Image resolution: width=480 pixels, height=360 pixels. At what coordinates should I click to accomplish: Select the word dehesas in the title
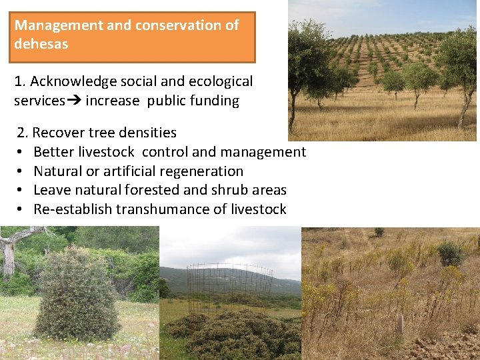coord(41,45)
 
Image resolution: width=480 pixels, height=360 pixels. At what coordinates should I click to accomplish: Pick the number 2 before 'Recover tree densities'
coord(21,133)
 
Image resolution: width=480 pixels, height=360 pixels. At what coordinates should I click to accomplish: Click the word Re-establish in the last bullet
coord(73,209)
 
